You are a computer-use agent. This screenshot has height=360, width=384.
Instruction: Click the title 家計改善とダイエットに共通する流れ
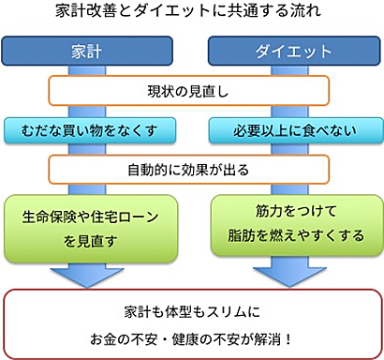coord(191,13)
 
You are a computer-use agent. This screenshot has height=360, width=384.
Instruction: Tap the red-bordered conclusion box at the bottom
coord(191,324)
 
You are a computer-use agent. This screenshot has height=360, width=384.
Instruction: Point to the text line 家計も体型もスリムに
coord(191,310)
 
